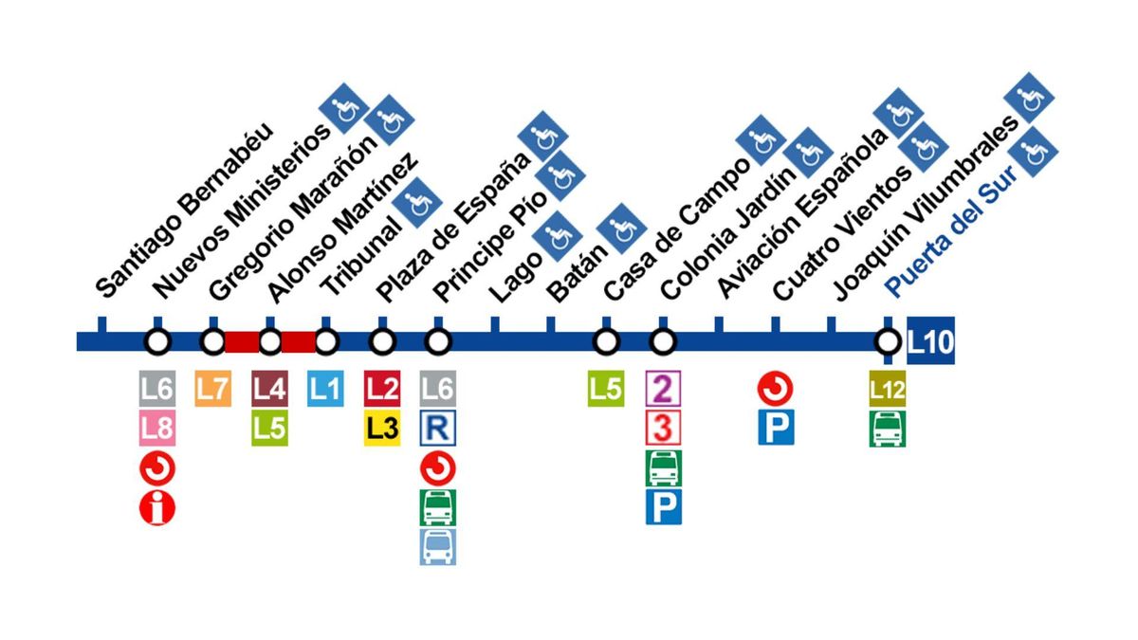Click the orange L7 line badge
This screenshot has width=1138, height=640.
coord(213,389)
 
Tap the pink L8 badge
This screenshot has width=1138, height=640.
coord(157,430)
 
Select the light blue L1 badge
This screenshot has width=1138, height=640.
coord(326,389)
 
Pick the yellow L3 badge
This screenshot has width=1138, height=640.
coord(382,429)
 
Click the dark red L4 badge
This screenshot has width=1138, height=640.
coord(270,389)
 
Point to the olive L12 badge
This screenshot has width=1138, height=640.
coord(888,389)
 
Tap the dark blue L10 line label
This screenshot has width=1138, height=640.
coord(930,341)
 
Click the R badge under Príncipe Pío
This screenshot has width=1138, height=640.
coord(437,429)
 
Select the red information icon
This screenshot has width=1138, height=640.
coord(157,509)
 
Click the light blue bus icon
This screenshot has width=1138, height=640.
coord(437,547)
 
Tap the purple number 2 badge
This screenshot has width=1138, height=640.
coord(663,389)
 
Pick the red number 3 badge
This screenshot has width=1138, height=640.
coord(663,429)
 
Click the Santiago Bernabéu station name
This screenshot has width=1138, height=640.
coord(185,210)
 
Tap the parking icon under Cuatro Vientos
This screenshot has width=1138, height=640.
coord(776,429)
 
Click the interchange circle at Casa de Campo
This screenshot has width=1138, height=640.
coord(606,341)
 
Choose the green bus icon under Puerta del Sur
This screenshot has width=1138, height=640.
coord(888,429)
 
